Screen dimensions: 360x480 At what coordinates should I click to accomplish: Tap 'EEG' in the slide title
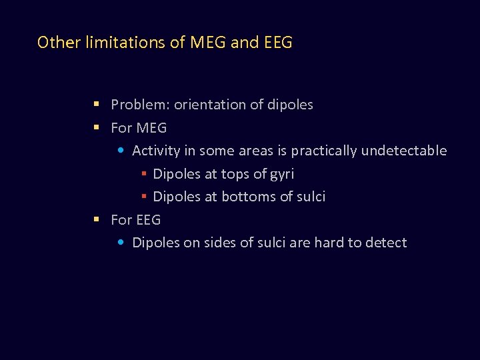pos(278,43)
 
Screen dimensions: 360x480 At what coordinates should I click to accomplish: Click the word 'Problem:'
pos(140,105)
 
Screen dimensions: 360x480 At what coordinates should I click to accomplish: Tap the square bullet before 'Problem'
pos(97,105)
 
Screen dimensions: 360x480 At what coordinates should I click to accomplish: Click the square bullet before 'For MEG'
pos(97,127)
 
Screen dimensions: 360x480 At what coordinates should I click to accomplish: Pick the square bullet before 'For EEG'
pos(97,219)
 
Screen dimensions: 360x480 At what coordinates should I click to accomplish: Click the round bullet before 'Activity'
pos(120,151)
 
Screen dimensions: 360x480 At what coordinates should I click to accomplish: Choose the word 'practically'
pos(324,151)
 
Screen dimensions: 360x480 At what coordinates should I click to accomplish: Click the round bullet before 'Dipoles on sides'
pos(120,243)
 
